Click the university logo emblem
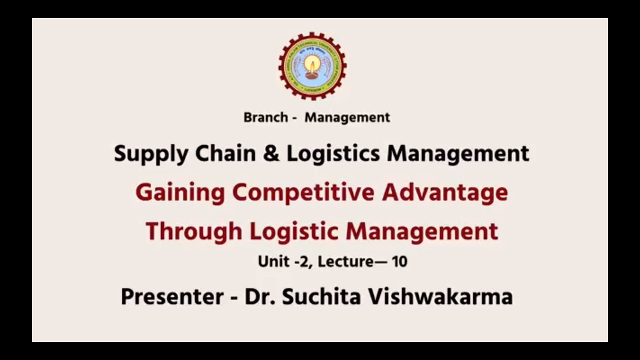(x=312, y=66)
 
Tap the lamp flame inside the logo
(x=312, y=63)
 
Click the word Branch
(x=265, y=117)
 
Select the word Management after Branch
(x=347, y=117)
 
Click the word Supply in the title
(x=150, y=154)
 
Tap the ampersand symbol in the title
(x=271, y=153)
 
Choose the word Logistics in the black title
(x=334, y=154)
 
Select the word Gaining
(x=179, y=193)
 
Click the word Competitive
(x=303, y=193)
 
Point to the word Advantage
(x=445, y=193)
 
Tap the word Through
(x=193, y=232)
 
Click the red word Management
(x=422, y=232)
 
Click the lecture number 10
(x=399, y=261)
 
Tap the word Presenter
(x=172, y=297)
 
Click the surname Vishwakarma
(x=440, y=296)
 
